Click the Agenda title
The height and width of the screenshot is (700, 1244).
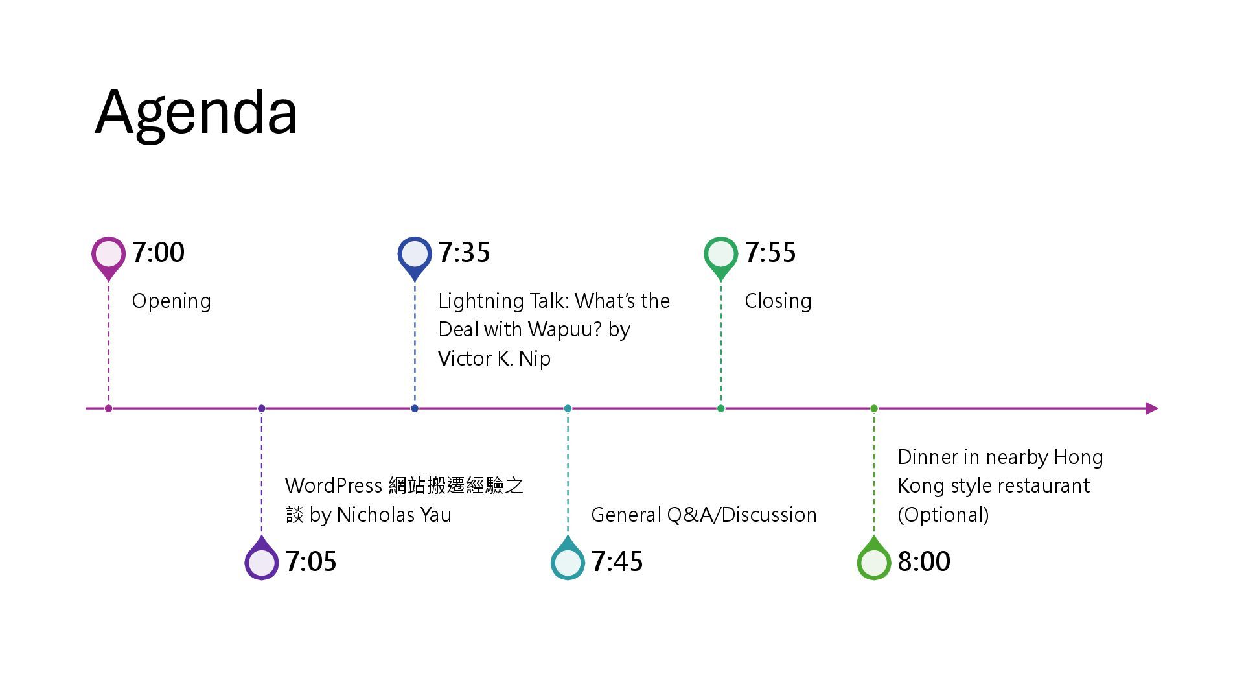196,113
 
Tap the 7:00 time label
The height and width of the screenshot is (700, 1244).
158,252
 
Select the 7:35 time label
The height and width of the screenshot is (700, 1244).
464,252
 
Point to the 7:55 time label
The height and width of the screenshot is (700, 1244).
770,252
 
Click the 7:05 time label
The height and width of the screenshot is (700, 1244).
311,561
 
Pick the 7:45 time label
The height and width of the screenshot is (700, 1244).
617,561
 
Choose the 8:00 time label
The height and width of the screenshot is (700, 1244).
923,561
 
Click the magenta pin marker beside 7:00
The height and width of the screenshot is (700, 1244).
108,255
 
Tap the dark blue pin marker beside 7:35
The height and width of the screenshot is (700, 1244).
415,255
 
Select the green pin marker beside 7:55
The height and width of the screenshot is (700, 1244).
720,255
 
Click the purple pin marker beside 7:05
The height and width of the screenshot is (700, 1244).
262,561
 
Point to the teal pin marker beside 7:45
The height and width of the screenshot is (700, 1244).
568,561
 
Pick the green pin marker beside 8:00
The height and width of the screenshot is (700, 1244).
873,561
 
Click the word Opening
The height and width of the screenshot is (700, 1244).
171,301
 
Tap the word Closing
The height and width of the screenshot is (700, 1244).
777,301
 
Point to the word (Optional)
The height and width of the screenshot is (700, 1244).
943,515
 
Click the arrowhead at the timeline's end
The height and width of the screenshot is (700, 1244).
1151,408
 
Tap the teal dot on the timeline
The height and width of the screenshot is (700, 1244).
568,408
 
